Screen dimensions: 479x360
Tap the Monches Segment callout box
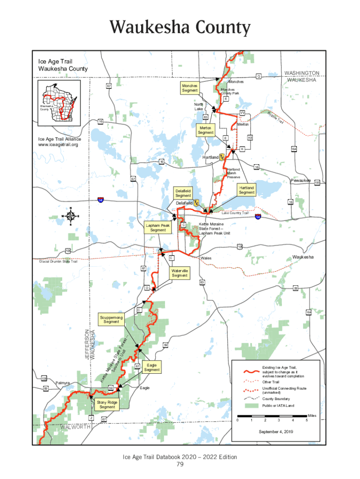click(x=190, y=88)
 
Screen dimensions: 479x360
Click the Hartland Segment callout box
click(x=246, y=190)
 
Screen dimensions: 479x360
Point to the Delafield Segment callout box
click(x=183, y=193)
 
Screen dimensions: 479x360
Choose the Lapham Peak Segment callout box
click(x=158, y=227)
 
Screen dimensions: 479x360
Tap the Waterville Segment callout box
click(x=180, y=273)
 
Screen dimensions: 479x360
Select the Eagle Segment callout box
click(x=152, y=367)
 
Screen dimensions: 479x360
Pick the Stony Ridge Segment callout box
click(x=107, y=404)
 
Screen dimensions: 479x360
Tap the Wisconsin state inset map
click(x=58, y=103)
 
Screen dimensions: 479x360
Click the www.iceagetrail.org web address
click(x=58, y=145)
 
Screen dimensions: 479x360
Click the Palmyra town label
click(x=63, y=383)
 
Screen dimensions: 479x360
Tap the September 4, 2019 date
click(x=276, y=431)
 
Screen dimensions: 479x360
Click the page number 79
click(x=180, y=464)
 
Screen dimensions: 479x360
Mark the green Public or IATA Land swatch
click(x=252, y=406)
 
